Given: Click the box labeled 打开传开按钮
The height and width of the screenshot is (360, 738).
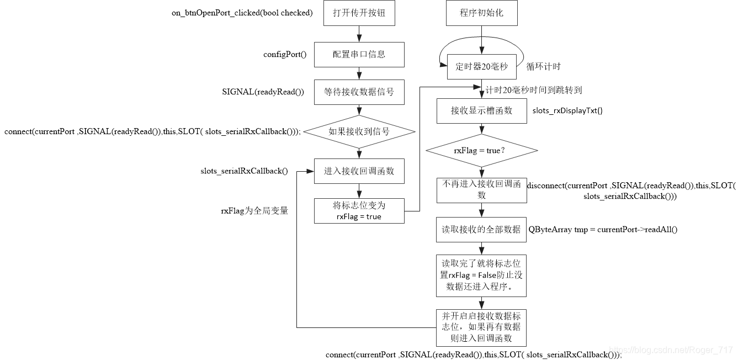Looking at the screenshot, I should pos(359,13).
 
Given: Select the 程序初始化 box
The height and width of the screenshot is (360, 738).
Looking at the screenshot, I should pos(482,13).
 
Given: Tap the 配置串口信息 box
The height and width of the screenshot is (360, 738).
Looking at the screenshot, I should pos(359,54).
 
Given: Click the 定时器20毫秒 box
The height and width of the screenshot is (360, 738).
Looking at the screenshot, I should pos(482,67).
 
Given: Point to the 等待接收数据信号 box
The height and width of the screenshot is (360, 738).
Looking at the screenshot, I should pos(359,92).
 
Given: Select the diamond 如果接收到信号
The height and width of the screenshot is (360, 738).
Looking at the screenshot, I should pos(359,131).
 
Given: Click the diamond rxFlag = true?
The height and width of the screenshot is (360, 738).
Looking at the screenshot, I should pos(482,150).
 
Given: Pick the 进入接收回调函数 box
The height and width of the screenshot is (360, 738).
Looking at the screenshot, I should pos(359,171).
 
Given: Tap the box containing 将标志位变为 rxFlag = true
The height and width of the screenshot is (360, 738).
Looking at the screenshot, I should pos(359,210).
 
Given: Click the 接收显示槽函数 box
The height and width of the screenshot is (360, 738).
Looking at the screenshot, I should pos(482,110).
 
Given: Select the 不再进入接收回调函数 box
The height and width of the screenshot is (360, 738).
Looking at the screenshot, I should pos(482,189).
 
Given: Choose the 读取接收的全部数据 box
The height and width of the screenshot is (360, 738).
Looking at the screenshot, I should pos(482,229).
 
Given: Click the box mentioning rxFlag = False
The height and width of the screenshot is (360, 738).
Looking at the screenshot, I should pos(482,274).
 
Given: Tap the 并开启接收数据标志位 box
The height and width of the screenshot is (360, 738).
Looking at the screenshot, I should pos(482,327).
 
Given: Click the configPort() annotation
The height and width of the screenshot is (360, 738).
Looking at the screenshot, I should pos(285,55).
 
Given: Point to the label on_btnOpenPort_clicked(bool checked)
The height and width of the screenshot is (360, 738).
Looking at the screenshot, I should pos(242,13).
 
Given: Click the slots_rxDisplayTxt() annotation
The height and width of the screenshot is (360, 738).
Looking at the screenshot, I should pos(567,110).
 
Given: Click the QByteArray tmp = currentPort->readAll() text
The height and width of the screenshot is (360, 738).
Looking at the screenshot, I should pos(603,229).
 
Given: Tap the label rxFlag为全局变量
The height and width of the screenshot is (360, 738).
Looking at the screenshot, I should pos(254,210).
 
